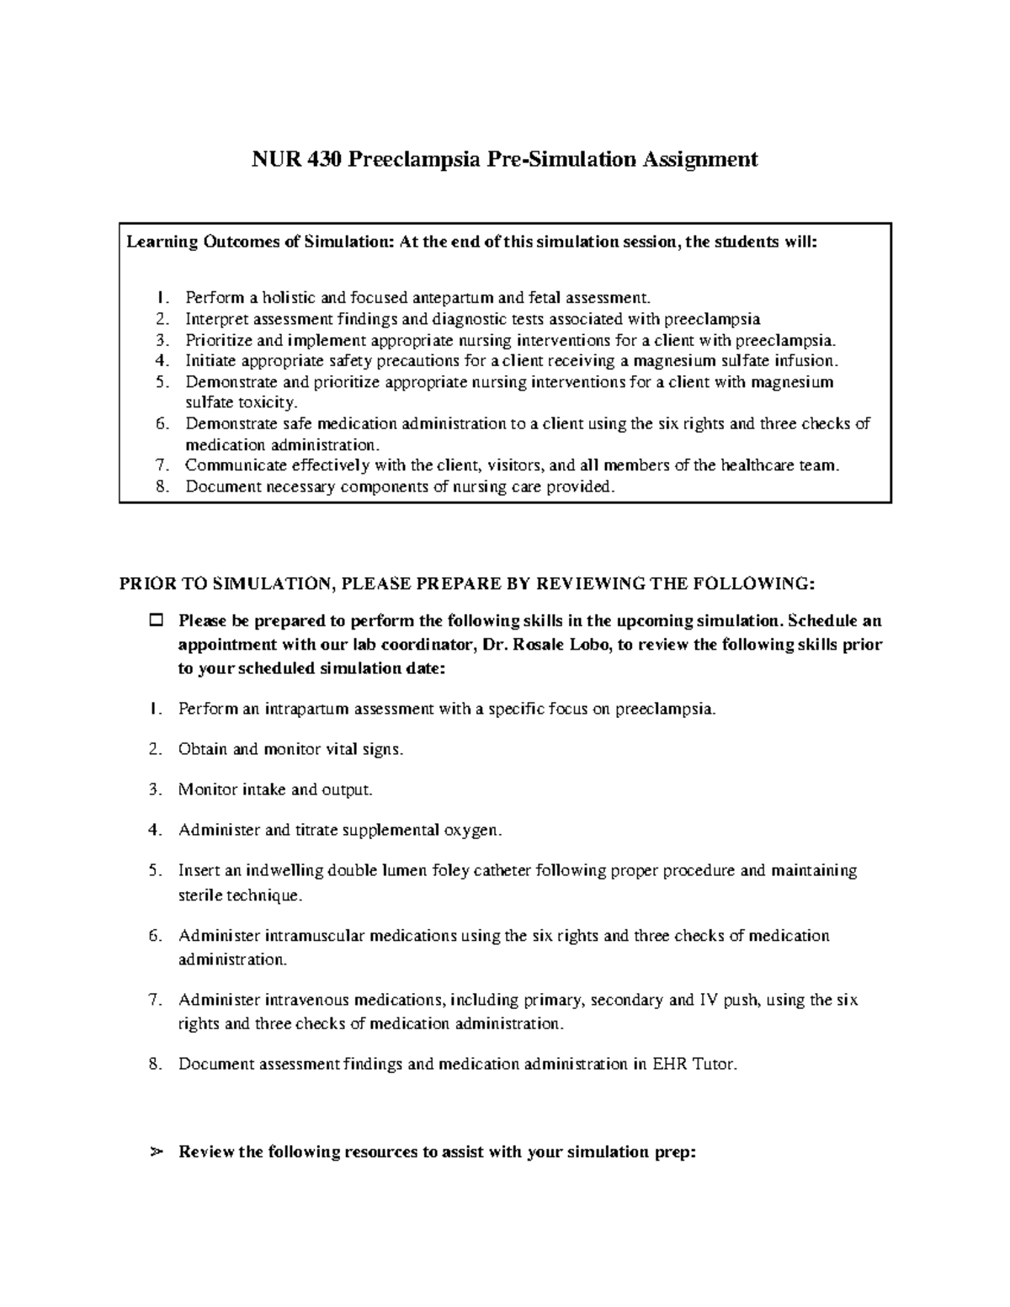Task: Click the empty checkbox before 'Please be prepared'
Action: coord(156,622)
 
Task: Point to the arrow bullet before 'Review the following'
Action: coord(155,1152)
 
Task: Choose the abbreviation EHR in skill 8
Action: coord(670,1065)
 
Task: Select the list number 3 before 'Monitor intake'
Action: coord(154,790)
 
